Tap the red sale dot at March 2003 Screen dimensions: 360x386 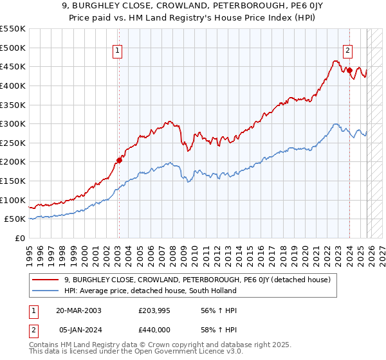point(119,160)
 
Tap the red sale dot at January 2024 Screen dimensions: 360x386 point(349,71)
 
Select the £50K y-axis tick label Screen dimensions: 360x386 point(15,219)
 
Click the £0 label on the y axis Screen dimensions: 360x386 point(19,238)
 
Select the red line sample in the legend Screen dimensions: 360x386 point(46,280)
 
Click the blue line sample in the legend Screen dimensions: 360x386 point(46,291)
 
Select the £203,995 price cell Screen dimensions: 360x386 point(157,310)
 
